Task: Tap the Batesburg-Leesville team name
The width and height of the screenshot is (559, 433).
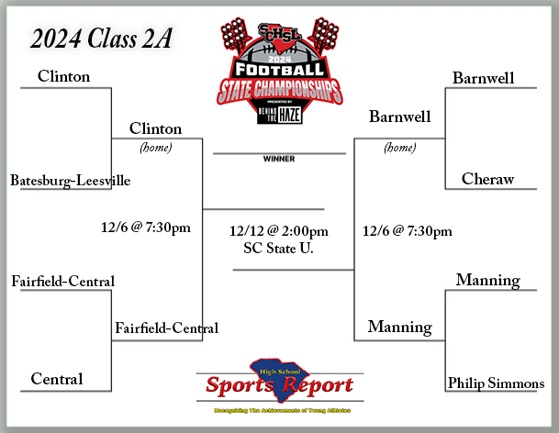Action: (x=70, y=181)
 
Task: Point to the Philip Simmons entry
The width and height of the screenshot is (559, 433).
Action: (x=496, y=383)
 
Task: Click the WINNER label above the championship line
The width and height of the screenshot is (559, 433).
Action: (x=278, y=158)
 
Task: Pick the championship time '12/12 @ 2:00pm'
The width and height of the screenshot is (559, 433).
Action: (x=279, y=230)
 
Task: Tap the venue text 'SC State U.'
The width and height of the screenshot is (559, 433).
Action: (x=279, y=247)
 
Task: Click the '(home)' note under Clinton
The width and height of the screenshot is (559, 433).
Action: (x=156, y=147)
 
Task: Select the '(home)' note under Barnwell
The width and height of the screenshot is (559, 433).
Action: (x=399, y=147)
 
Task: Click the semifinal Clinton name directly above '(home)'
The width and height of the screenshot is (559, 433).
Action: (x=156, y=128)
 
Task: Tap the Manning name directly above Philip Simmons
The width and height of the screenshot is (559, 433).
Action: (x=487, y=280)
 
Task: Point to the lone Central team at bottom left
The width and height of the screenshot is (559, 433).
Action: (x=57, y=379)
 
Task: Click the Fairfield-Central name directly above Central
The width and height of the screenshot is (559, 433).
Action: (x=63, y=280)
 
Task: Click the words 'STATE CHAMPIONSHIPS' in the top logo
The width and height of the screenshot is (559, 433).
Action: (x=279, y=91)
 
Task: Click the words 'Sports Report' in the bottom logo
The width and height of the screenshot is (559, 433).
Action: (x=278, y=384)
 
